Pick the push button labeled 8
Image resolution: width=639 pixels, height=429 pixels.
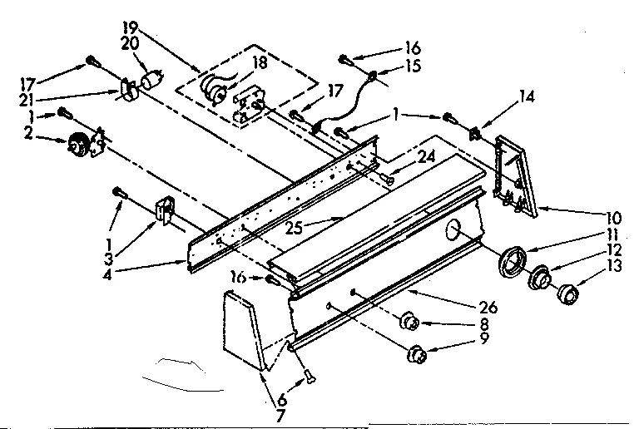point(409,322)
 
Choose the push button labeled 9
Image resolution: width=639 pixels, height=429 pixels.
point(416,356)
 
